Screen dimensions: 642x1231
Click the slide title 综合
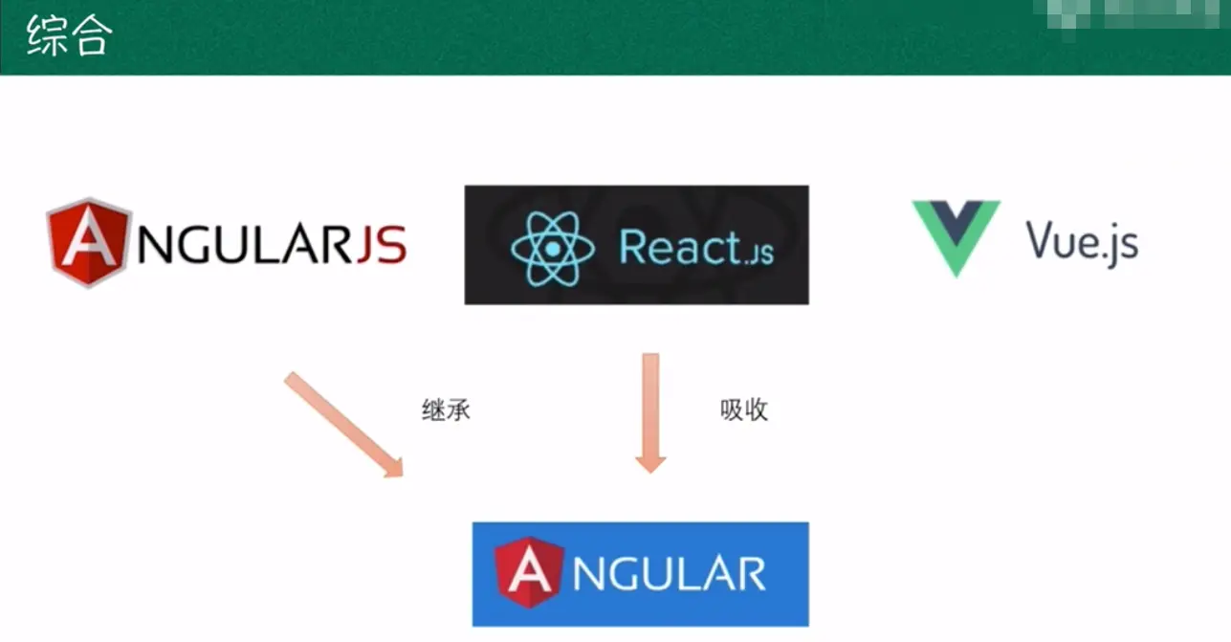(70, 37)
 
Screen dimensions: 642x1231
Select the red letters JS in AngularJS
(381, 245)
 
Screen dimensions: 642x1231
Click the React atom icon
(553, 247)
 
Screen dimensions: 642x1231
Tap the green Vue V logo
(956, 235)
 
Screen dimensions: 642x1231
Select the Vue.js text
(1082, 241)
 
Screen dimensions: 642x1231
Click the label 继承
(446, 410)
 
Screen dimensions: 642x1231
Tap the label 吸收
(744, 410)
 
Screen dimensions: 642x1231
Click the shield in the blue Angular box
(529, 572)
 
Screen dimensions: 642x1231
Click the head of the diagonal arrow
(391, 465)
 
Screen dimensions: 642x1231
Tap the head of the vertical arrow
(650, 460)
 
